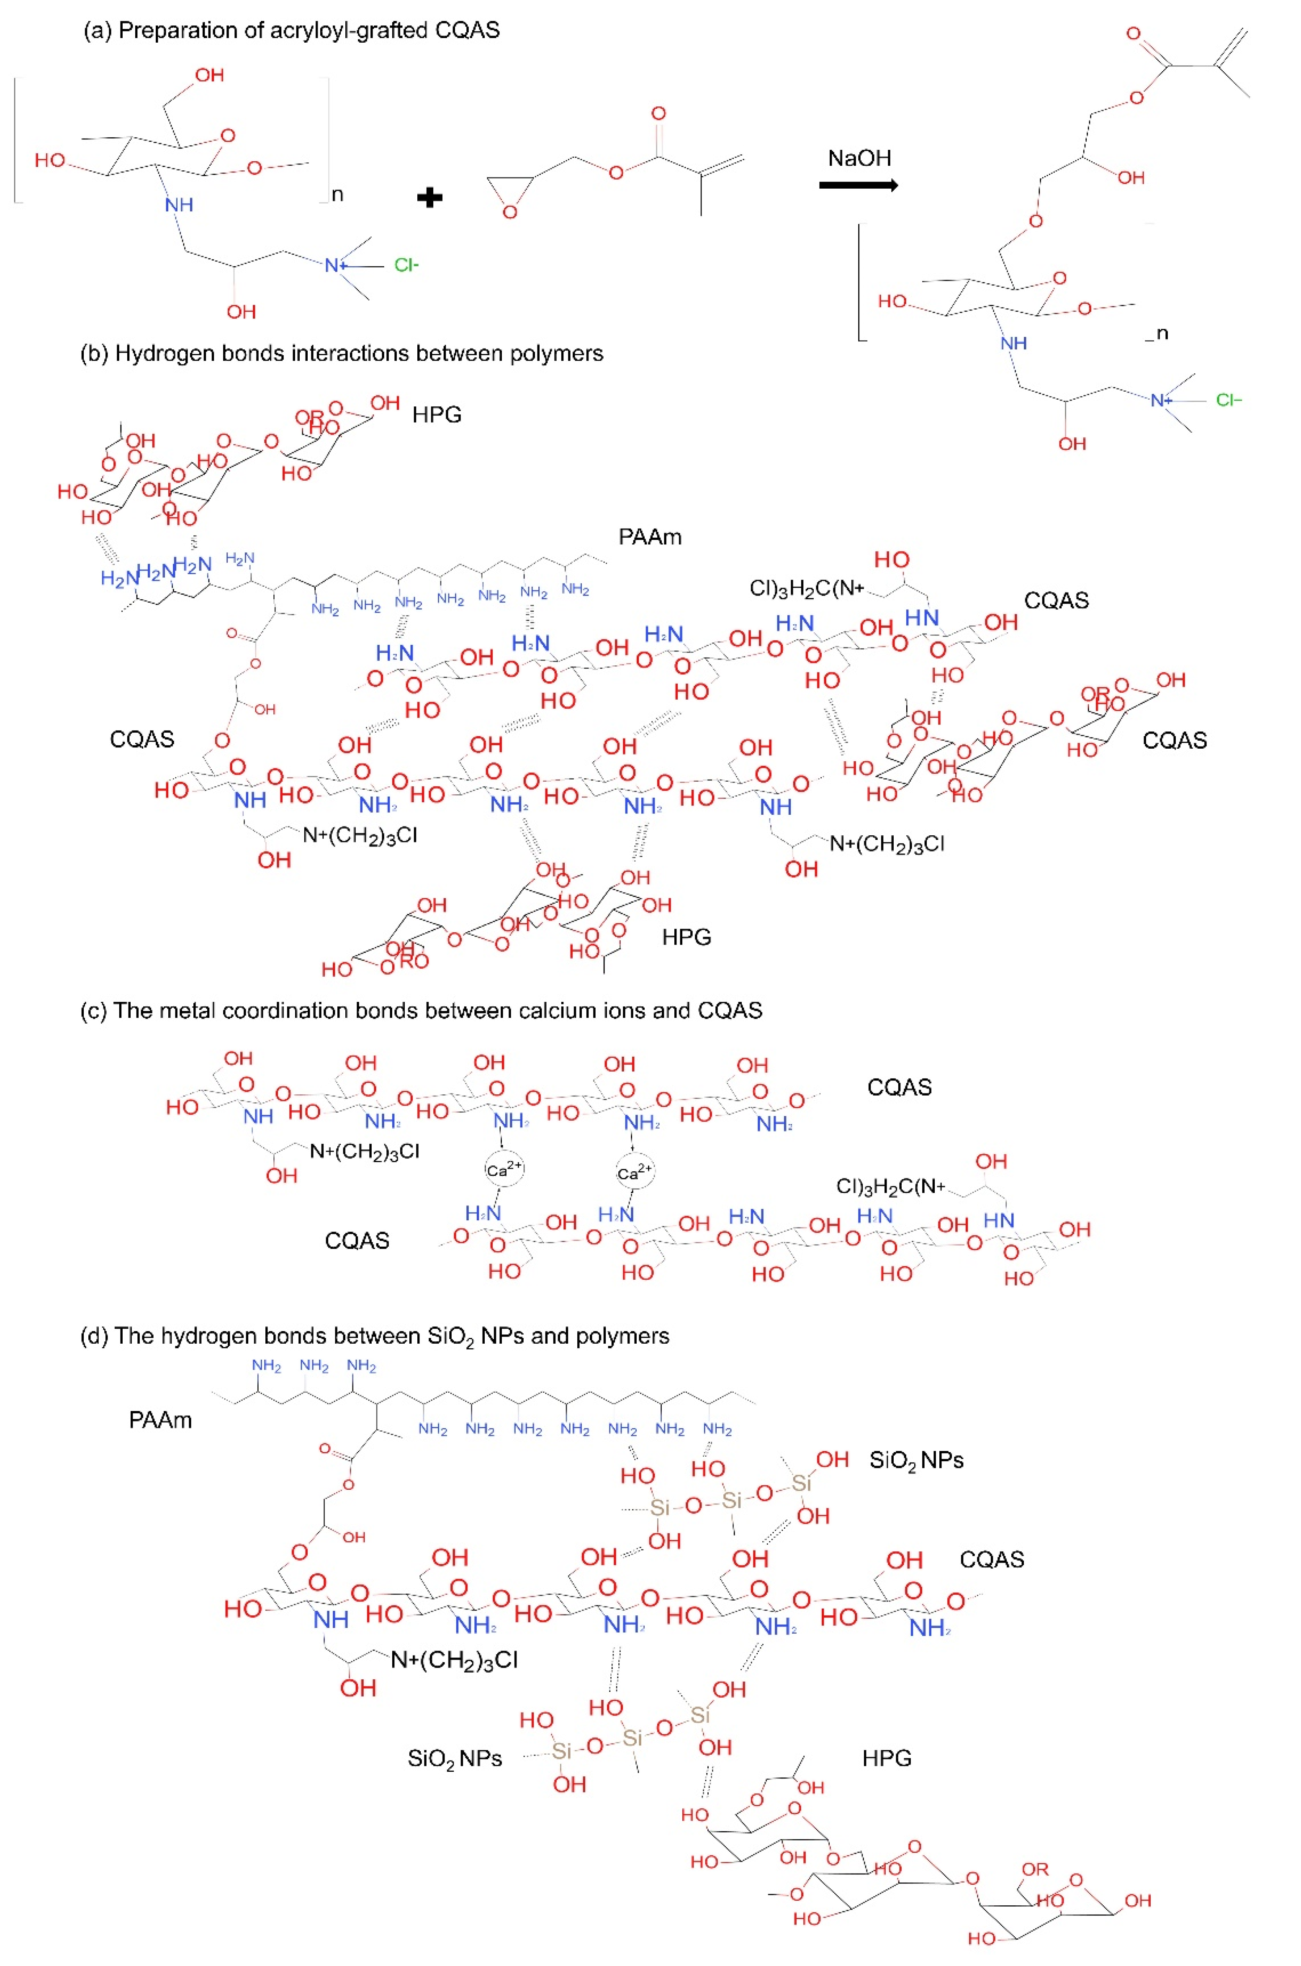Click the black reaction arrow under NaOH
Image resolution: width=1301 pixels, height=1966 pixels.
[x=858, y=185]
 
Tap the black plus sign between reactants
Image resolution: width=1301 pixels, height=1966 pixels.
[x=429, y=198]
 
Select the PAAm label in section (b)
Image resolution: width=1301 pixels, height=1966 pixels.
[x=650, y=537]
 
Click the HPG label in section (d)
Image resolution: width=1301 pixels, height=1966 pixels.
[x=886, y=1758]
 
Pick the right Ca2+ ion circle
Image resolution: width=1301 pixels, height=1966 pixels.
[x=635, y=1172]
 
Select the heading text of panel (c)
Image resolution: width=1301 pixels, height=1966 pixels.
[x=421, y=1010]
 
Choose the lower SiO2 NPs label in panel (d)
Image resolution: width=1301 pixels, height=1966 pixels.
[x=455, y=1758]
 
